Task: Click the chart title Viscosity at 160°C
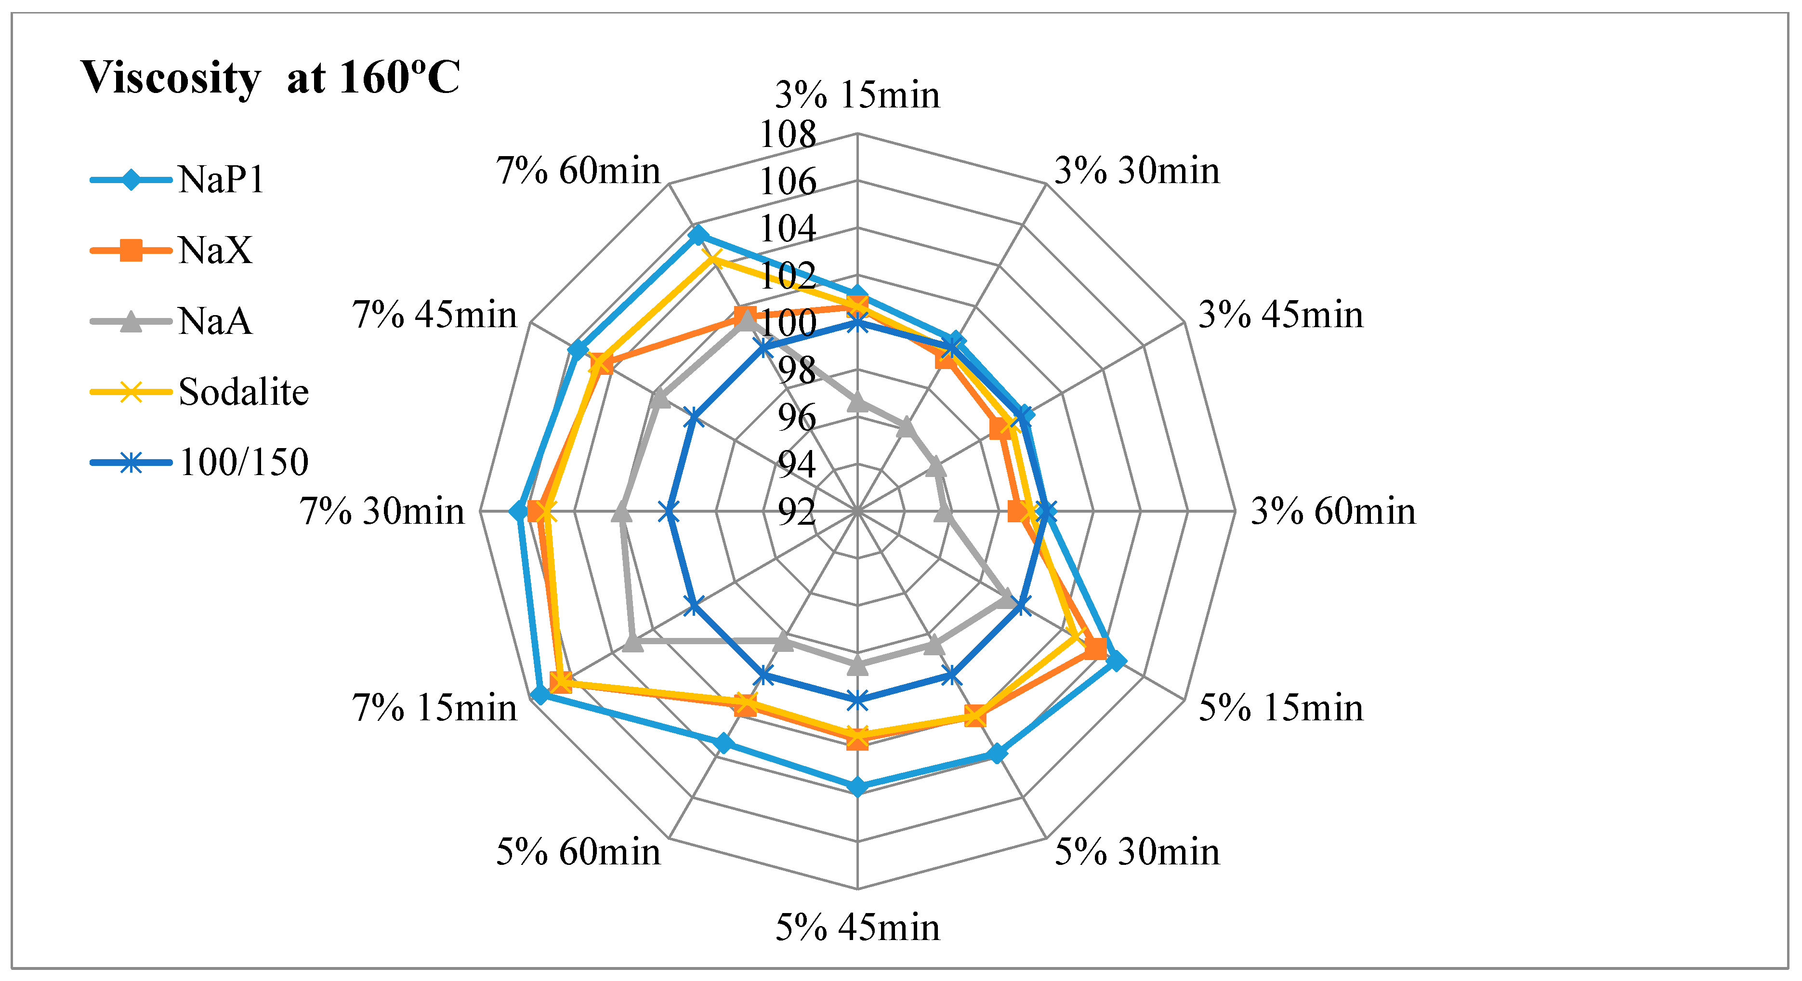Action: [270, 77]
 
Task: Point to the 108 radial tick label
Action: [788, 134]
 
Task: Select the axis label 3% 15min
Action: [857, 95]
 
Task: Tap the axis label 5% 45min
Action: [857, 928]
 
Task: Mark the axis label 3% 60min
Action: [1333, 512]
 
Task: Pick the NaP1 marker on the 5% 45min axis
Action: [857, 787]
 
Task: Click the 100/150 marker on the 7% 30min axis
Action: [670, 512]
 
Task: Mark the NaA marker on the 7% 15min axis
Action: [632, 642]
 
